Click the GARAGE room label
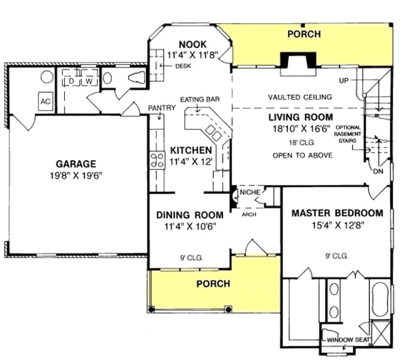pyautogui.click(x=75, y=164)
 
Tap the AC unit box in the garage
pyautogui.click(x=46, y=102)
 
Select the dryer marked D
pyautogui.click(x=70, y=81)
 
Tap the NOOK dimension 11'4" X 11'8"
pyautogui.click(x=192, y=54)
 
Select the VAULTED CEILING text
pyautogui.click(x=300, y=97)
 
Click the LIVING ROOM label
pyautogui.click(x=301, y=117)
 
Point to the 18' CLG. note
pyautogui.click(x=301, y=143)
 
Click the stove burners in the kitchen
pyautogui.click(x=157, y=160)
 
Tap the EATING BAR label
pyautogui.click(x=200, y=100)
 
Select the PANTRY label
pyautogui.click(x=162, y=108)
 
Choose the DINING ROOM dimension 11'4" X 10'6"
pyautogui.click(x=190, y=226)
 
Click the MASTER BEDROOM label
pyautogui.click(x=337, y=213)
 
